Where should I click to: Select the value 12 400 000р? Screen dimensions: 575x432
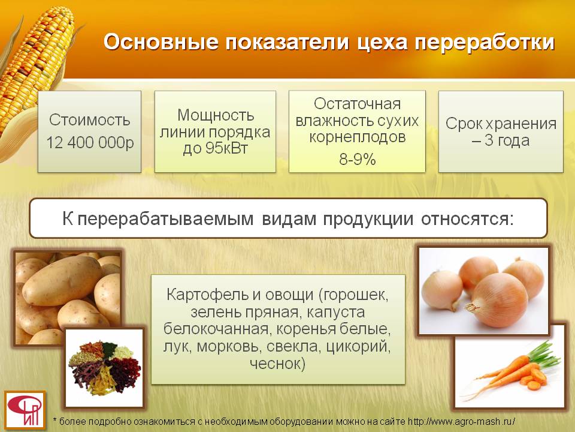(90, 143)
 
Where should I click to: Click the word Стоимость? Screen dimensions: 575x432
(90, 120)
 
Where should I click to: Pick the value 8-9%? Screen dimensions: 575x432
(358, 160)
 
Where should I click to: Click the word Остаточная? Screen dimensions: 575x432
(357, 104)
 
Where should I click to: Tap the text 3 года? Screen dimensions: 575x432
(507, 140)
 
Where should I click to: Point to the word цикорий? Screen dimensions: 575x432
(358, 347)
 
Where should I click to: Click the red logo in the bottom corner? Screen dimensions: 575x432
(25, 410)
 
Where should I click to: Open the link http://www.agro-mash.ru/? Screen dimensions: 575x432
(461, 422)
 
